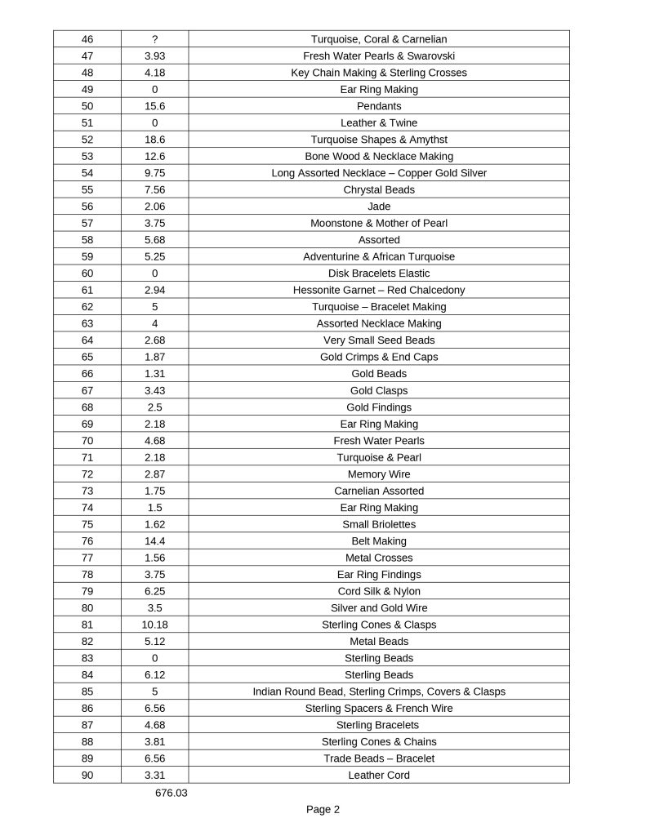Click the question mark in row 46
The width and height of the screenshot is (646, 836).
(154, 39)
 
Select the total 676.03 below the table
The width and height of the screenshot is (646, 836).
(171, 793)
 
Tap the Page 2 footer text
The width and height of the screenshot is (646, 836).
(323, 810)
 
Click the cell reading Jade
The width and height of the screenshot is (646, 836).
(379, 207)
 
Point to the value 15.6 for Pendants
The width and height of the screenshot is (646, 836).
(154, 106)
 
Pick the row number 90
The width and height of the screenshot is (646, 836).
(87, 775)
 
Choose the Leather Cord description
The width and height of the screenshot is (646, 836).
(379, 775)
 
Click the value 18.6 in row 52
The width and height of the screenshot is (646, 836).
(154, 140)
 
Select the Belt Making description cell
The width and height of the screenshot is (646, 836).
(379, 541)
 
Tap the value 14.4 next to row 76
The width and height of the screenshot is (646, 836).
(154, 541)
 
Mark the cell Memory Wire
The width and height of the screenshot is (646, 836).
(379, 474)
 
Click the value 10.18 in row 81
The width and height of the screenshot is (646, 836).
(154, 625)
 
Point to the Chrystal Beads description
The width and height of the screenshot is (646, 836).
(379, 189)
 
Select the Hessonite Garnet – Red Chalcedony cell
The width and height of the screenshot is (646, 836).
(379, 290)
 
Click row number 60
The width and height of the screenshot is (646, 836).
(87, 273)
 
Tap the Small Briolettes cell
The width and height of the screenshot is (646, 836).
(379, 524)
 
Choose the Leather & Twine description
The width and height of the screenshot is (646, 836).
(379, 123)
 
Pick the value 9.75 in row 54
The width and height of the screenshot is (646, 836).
(154, 173)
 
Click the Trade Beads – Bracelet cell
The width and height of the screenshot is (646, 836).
(379, 758)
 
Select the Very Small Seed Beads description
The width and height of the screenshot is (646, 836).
(379, 340)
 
